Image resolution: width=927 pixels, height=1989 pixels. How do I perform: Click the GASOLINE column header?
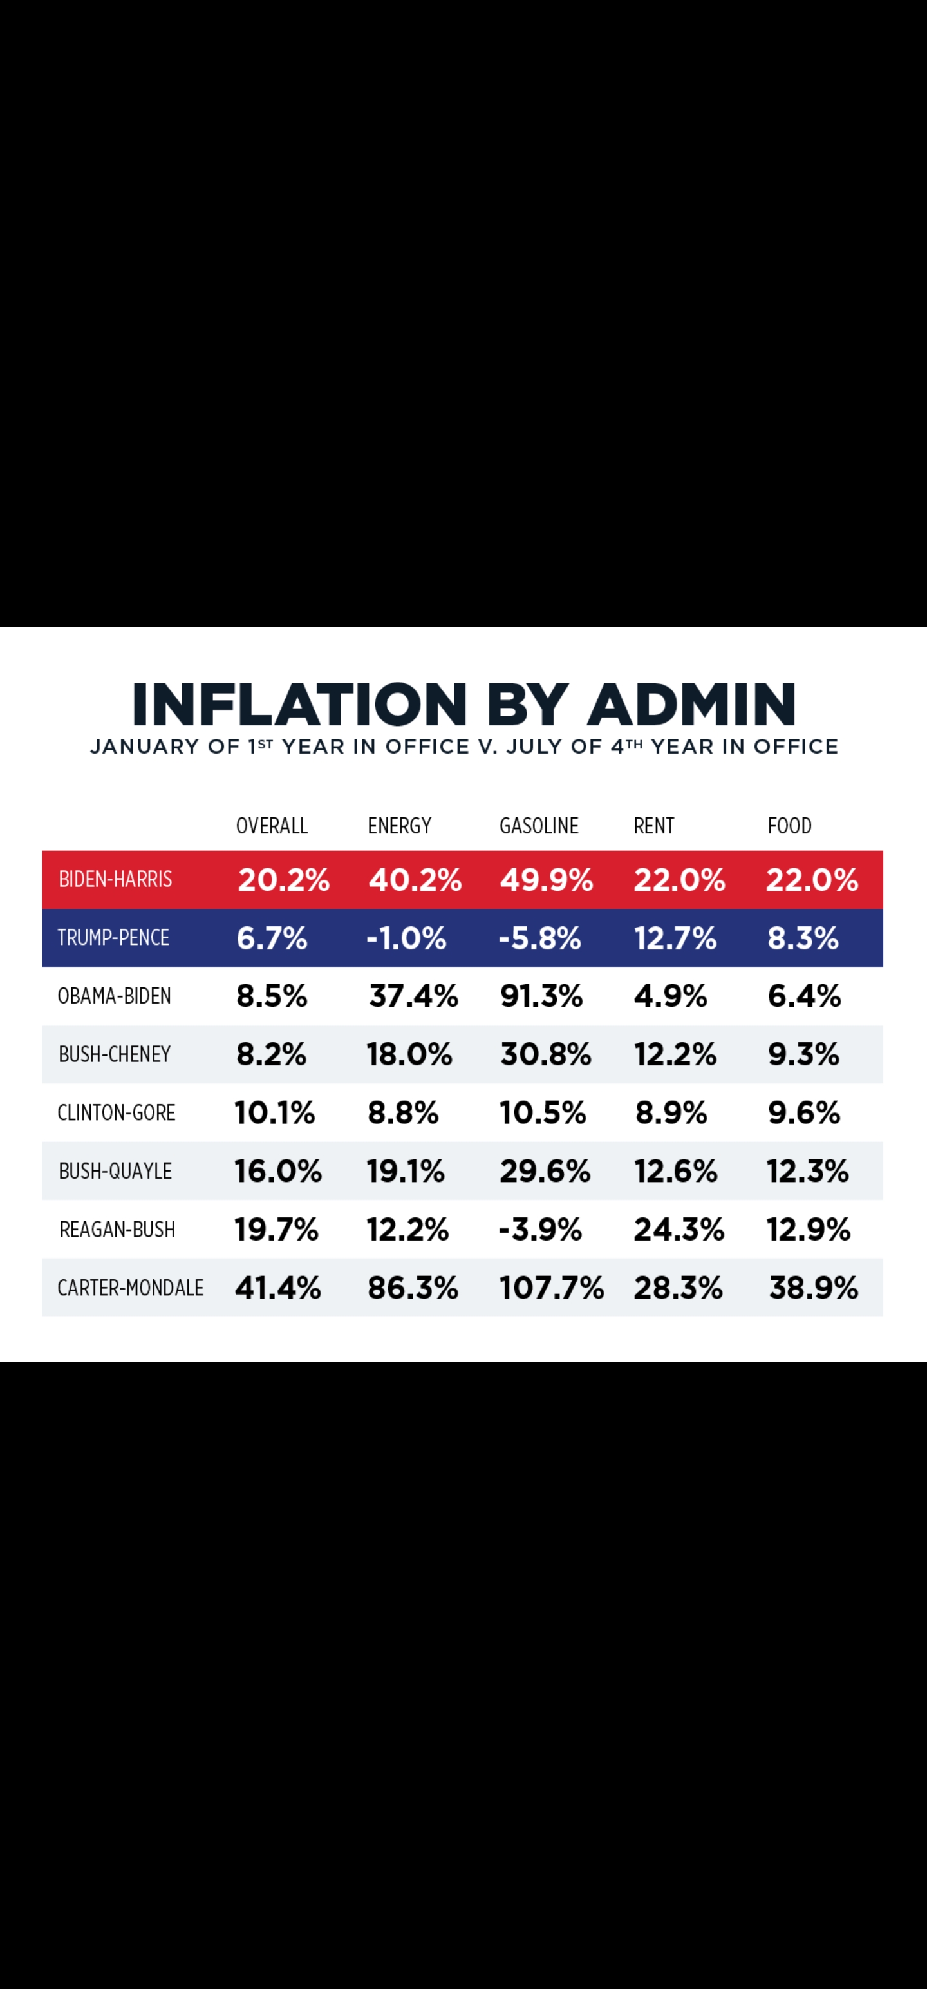click(539, 826)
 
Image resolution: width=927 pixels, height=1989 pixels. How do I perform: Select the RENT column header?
click(654, 826)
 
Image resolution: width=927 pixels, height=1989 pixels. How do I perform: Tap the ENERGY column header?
click(399, 826)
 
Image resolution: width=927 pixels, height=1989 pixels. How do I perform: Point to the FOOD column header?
click(789, 826)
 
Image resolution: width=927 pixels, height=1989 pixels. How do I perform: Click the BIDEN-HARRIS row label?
click(115, 879)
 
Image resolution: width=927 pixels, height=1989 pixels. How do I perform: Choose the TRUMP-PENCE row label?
click(113, 937)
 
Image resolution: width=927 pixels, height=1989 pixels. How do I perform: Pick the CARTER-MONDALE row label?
click(131, 1288)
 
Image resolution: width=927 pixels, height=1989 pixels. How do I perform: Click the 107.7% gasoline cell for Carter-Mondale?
click(551, 1288)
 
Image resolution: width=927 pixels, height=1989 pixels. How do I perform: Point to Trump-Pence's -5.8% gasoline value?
click(539, 938)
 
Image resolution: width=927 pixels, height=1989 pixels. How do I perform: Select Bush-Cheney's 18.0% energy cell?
click(409, 1055)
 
